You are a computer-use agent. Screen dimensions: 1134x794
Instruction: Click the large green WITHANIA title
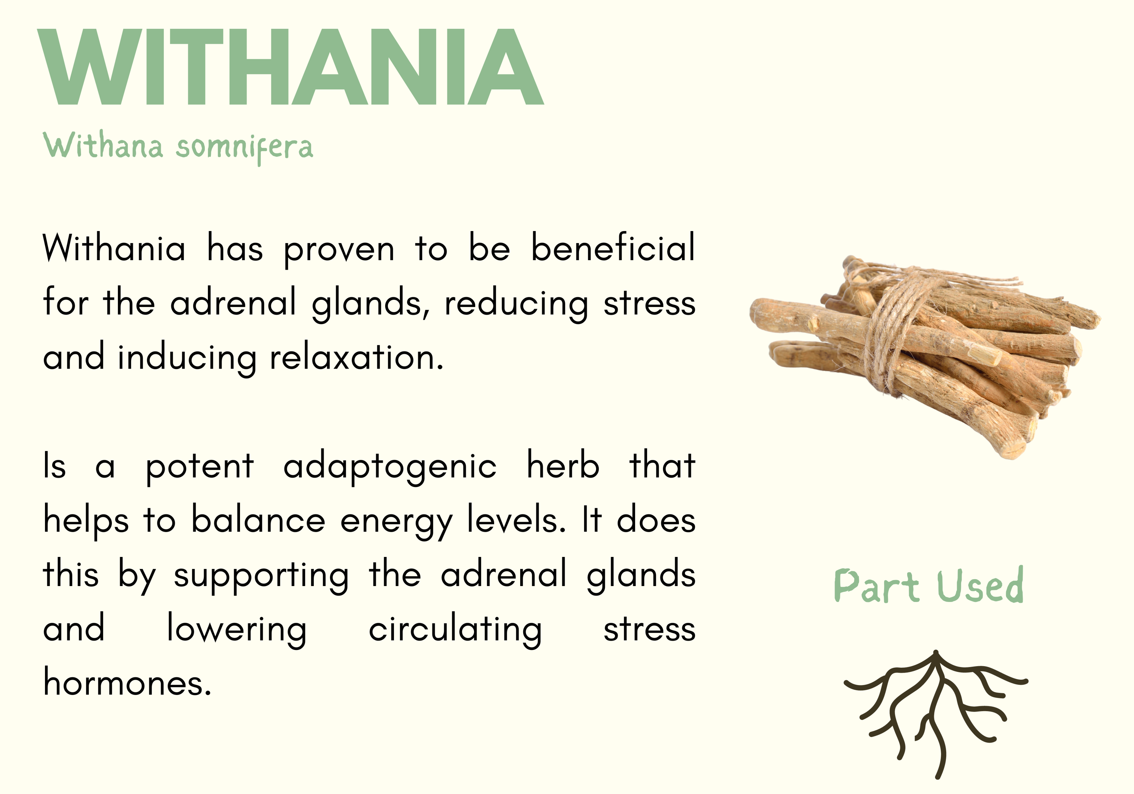coord(290,67)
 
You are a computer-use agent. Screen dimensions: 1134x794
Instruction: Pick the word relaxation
coord(356,357)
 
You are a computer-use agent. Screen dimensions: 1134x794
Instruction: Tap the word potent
coord(200,467)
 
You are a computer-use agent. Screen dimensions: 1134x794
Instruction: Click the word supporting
coord(261,576)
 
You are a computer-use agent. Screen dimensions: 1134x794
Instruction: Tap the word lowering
coord(237,630)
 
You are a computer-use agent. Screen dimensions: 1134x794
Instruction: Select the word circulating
coord(455,630)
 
